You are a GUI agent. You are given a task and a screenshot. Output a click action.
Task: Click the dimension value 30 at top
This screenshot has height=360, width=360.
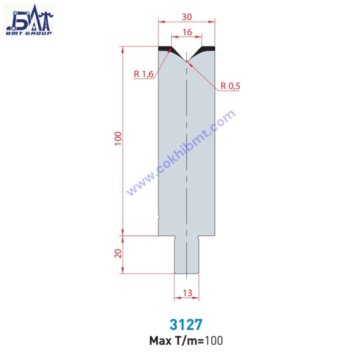point(186,17)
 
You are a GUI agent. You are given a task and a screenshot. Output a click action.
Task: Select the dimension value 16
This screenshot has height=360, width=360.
point(186,32)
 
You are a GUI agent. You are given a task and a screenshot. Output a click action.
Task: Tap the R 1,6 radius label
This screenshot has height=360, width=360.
point(144,75)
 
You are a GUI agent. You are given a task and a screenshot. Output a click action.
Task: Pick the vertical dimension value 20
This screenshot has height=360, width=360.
point(117,254)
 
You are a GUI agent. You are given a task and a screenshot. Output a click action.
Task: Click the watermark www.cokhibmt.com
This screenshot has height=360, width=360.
point(181,153)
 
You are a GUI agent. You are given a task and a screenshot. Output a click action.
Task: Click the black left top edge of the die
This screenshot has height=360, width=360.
point(165,48)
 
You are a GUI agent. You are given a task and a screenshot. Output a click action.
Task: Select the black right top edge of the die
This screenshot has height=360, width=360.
point(207,48)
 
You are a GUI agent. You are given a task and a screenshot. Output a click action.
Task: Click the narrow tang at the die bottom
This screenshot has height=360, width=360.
point(186,255)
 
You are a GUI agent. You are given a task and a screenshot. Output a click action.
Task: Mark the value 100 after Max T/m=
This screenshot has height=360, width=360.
point(214,340)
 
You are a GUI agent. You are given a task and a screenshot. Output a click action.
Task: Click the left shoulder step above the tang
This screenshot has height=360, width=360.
point(166,236)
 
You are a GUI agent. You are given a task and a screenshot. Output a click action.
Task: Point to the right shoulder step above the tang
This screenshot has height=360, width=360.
point(206,236)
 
